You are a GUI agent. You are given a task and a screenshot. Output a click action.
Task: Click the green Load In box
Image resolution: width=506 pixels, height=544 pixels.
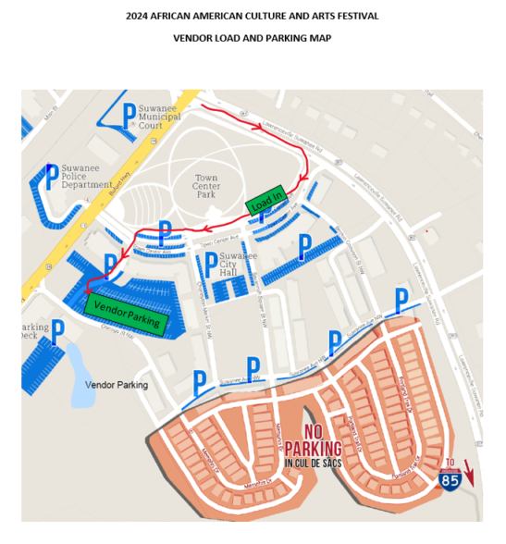coord(266,204)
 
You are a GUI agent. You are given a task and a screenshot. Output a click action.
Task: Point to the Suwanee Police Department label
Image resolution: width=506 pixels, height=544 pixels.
coord(88,178)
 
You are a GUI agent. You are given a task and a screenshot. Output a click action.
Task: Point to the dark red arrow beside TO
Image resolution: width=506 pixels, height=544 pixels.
coord(468,472)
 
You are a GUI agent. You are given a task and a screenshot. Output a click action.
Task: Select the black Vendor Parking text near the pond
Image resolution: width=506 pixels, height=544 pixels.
coord(116,384)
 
